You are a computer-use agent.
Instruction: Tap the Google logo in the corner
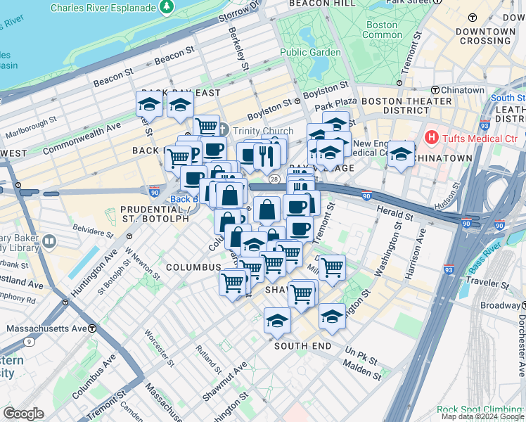(x=23, y=414)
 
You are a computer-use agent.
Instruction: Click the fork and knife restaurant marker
(x=266, y=157)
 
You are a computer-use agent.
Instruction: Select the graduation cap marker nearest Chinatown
(x=401, y=155)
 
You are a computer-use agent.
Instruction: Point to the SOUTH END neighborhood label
(x=302, y=346)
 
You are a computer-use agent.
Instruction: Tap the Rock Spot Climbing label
(x=480, y=409)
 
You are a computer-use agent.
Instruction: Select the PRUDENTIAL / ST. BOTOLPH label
(x=155, y=214)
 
